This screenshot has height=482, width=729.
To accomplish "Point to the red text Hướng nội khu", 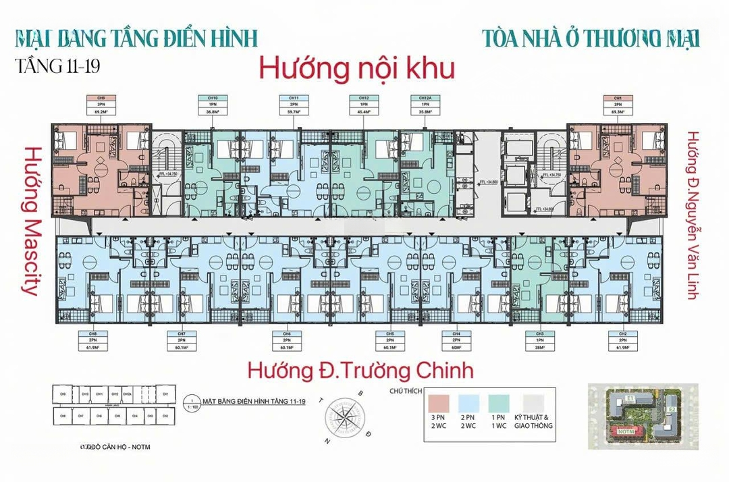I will click(357, 69).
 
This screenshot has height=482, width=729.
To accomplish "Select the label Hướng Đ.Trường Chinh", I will click(360, 371).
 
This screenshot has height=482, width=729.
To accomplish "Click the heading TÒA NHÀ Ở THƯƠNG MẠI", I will click(591, 38).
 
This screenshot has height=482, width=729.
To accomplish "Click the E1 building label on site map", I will click(628, 400).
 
